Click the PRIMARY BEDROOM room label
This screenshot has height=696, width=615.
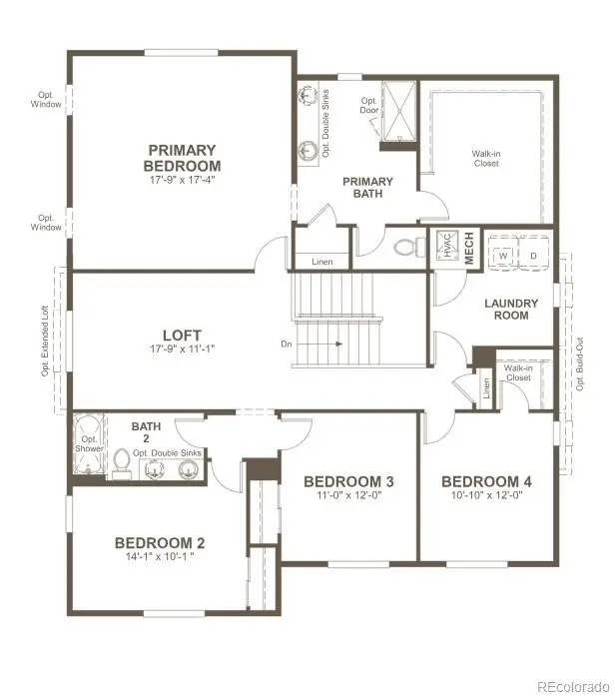(182, 158)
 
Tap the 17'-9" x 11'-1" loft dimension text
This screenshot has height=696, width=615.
(182, 349)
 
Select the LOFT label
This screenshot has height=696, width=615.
(182, 335)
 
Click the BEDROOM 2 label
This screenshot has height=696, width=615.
(160, 542)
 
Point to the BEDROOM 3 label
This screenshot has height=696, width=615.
(348, 481)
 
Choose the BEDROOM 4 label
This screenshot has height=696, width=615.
(486, 481)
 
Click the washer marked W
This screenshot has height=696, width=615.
(502, 254)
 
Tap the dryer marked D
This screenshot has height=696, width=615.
(534, 254)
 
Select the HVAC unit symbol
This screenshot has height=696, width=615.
(446, 245)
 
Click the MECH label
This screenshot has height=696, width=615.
(469, 246)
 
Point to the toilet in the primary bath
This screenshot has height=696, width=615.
(407, 246)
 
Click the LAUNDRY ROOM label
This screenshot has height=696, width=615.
(511, 309)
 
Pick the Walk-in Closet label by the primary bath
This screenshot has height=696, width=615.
(486, 159)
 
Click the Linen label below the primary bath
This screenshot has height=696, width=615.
(321, 262)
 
